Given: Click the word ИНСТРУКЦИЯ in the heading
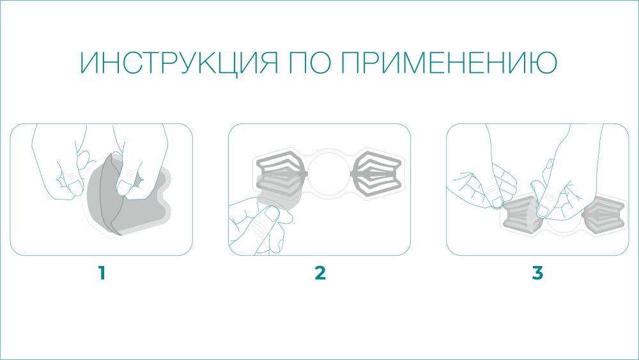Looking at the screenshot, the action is (x=179, y=63).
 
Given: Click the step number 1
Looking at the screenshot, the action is (x=102, y=273).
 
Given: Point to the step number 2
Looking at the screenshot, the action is (x=320, y=273).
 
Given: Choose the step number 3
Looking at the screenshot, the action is (x=537, y=273).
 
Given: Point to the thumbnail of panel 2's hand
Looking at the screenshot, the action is (x=270, y=212).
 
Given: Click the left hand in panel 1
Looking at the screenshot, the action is (x=61, y=163).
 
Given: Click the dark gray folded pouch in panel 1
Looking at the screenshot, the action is (x=122, y=196).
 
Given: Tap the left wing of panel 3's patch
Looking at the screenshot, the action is (x=520, y=216).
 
